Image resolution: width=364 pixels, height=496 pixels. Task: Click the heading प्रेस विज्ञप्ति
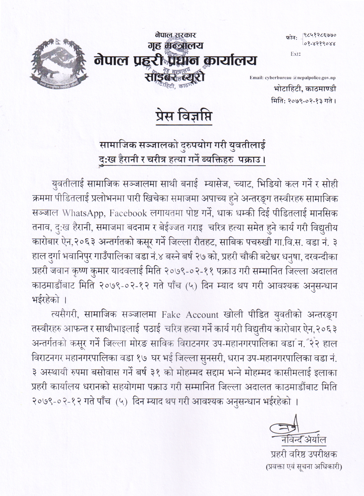click(184, 117)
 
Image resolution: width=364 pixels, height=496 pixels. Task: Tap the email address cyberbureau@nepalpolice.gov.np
click(292, 78)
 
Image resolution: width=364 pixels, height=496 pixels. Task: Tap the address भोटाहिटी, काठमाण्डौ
click(305, 89)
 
